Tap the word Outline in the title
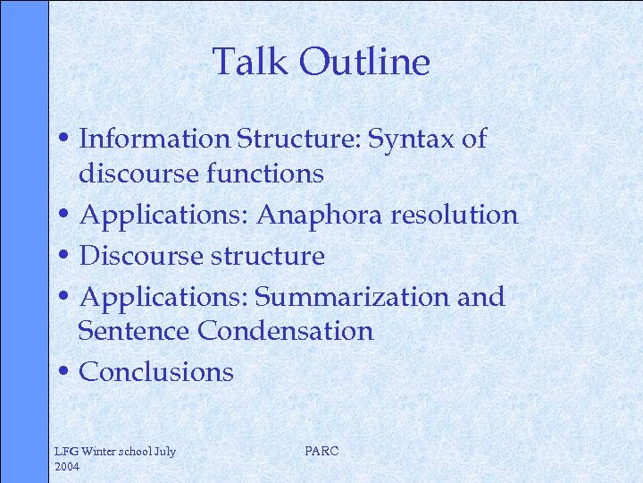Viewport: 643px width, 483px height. [364, 62]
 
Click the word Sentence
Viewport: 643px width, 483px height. [135, 331]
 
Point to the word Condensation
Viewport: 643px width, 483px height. [286, 331]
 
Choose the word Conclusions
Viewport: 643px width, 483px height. [156, 372]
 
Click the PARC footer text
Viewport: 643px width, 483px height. [321, 451]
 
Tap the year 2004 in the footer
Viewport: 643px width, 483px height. [67, 467]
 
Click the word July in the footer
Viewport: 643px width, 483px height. [165, 451]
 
